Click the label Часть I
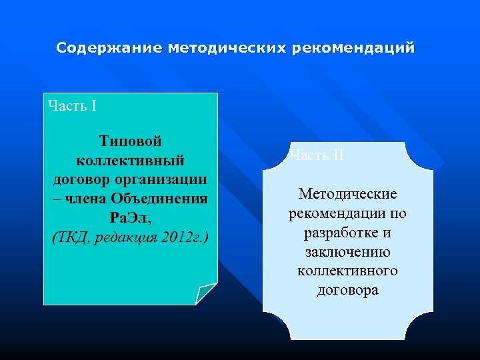pyautogui.click(x=73, y=106)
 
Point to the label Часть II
pyautogui.click(x=317, y=155)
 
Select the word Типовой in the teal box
pyautogui.click(x=131, y=141)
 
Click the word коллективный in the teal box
pyautogui.click(x=131, y=161)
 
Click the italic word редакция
pyautogui.click(x=125, y=237)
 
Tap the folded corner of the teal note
pyautogui.click(x=206, y=293)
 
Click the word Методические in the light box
pyautogui.click(x=347, y=194)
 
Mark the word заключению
pyautogui.click(x=347, y=252)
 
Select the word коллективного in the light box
pyautogui.click(x=347, y=271)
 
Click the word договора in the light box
pyautogui.click(x=347, y=290)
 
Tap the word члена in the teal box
pyautogui.click(x=84, y=199)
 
